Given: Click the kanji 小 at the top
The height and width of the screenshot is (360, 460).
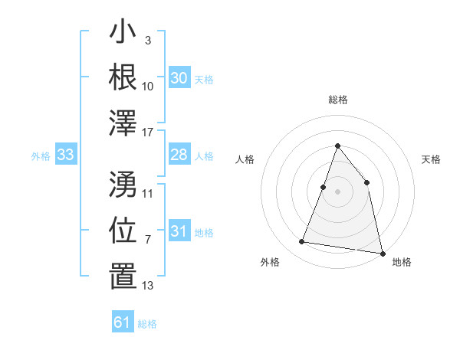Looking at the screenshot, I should point(123,33).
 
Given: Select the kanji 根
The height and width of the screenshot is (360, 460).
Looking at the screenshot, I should point(123,78).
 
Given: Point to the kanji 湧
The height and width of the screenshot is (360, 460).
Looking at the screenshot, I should point(123,184).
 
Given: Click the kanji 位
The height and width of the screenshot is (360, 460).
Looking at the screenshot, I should point(123,231).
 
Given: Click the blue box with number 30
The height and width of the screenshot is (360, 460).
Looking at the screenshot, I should point(179,78).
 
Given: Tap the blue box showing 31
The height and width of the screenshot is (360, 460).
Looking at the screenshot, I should point(179,232).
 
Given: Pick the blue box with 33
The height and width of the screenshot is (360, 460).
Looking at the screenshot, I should point(66,155).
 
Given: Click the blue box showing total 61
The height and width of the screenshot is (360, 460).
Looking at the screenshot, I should point(123,322).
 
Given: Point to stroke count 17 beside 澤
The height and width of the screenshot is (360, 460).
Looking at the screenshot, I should point(148,133).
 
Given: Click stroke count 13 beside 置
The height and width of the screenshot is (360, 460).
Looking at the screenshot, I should point(148,286).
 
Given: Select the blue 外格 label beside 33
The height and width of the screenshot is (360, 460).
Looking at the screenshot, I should point(41,156).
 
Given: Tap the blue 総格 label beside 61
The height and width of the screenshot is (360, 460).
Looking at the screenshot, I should point(147,323).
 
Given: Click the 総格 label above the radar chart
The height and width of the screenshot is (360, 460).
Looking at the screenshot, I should point(337,100).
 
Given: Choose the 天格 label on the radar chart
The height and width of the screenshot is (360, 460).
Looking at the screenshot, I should point(431,159).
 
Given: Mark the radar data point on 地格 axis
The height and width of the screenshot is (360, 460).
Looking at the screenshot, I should point(382,253).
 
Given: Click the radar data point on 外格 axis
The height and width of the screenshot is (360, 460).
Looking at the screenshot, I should point(302,242).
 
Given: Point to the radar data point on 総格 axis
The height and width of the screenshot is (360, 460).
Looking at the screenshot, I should point(337,146).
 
